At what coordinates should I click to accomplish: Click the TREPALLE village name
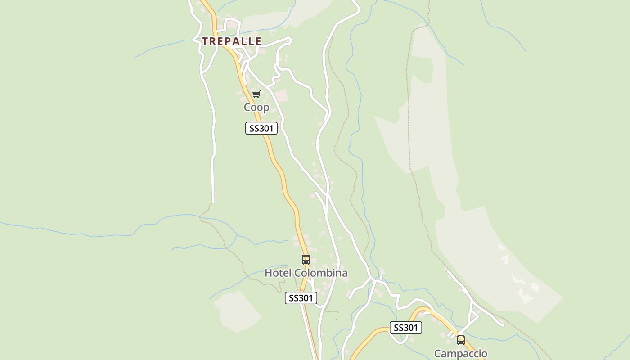(x=231, y=41)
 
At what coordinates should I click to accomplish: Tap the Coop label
(x=256, y=107)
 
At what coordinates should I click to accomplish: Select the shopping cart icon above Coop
(x=256, y=94)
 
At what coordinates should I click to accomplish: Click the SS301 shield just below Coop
(x=261, y=128)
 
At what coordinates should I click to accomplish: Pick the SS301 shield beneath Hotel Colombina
(x=301, y=298)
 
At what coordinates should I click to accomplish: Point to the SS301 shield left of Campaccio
(x=405, y=328)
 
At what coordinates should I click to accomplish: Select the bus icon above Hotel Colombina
(x=306, y=260)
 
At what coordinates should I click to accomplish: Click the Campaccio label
(x=460, y=354)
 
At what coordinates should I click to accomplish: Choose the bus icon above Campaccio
(x=460, y=340)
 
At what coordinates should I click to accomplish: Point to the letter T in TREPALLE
(x=205, y=41)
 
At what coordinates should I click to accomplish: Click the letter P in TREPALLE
(x=229, y=41)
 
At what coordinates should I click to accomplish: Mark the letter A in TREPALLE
(x=238, y=41)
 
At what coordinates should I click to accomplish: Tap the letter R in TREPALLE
(x=213, y=41)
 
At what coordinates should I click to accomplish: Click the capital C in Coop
(x=247, y=107)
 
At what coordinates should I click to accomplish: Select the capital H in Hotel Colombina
(x=268, y=273)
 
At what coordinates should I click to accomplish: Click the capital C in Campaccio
(x=437, y=354)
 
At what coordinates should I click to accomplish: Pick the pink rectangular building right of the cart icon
(x=281, y=95)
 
